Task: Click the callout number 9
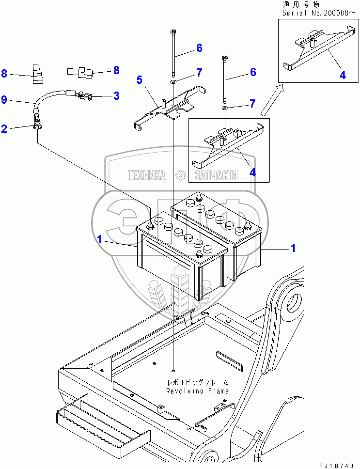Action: pos(4,100)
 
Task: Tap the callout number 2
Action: pos(4,128)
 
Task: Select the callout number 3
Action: pos(116,96)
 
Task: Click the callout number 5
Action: pos(140,79)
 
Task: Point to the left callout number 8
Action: pos(4,74)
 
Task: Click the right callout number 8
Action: pos(116,70)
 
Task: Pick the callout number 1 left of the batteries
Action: pos(99,239)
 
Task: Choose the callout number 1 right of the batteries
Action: pos(293,248)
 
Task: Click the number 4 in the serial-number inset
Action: pos(343,75)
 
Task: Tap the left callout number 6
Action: pos(199,47)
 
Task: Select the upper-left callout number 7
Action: pos(199,73)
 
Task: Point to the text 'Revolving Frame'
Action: pos(197,391)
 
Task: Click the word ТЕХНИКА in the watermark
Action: pos(146,175)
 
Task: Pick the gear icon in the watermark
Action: pos(180,175)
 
